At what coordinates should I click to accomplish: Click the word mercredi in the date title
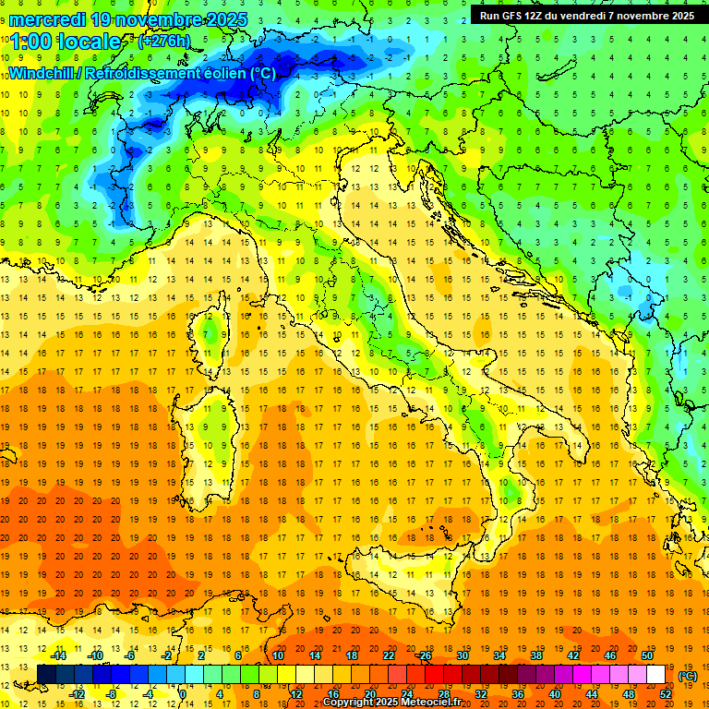pyautogui.click(x=49, y=18)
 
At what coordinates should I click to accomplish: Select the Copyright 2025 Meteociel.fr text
pyautogui.click(x=398, y=703)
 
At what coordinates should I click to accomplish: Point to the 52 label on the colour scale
pyautogui.click(x=666, y=693)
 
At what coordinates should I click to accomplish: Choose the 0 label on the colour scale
pyautogui.click(x=183, y=693)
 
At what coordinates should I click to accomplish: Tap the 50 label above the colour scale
pyautogui.click(x=647, y=655)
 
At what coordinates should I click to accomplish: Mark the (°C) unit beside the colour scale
pyautogui.click(x=688, y=675)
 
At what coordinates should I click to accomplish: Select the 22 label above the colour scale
pyautogui.click(x=389, y=655)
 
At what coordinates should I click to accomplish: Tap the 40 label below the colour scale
pyautogui.click(x=555, y=693)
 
